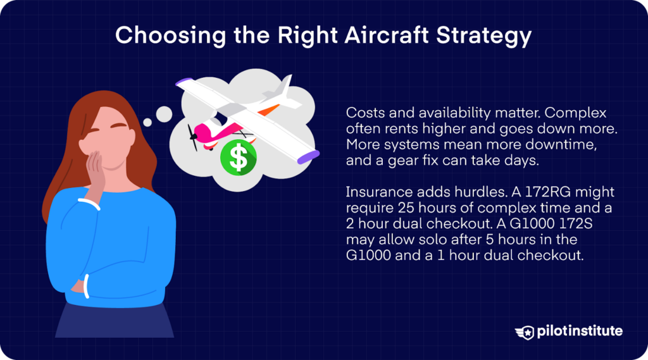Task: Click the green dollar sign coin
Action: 239,158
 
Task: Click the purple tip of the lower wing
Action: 305,154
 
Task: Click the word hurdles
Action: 456,192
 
